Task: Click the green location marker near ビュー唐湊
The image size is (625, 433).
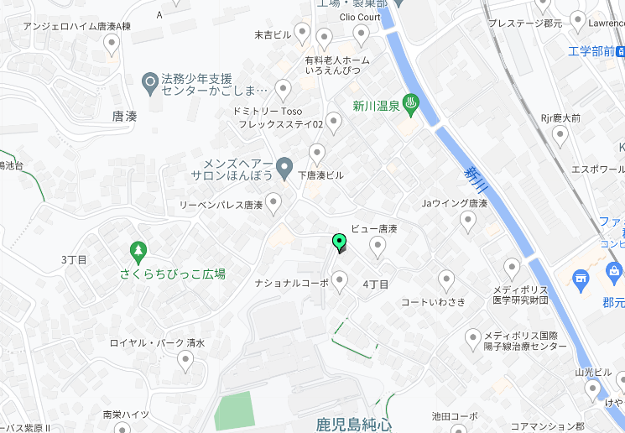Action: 340,242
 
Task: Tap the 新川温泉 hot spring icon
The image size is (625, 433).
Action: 412,105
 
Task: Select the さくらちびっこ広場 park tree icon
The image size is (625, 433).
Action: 138,250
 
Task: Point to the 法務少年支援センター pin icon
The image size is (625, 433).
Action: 150,82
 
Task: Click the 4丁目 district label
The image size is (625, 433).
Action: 375,284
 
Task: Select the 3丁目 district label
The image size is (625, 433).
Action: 74,259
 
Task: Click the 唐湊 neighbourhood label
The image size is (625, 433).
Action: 123,117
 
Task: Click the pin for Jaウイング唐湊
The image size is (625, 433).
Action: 468,220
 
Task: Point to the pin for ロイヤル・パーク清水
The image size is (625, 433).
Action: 186,360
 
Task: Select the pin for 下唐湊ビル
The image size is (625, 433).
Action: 317,154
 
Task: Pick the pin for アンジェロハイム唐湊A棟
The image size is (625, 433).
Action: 112,44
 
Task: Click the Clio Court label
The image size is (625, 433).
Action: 360,17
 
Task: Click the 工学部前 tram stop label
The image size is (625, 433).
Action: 591,52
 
